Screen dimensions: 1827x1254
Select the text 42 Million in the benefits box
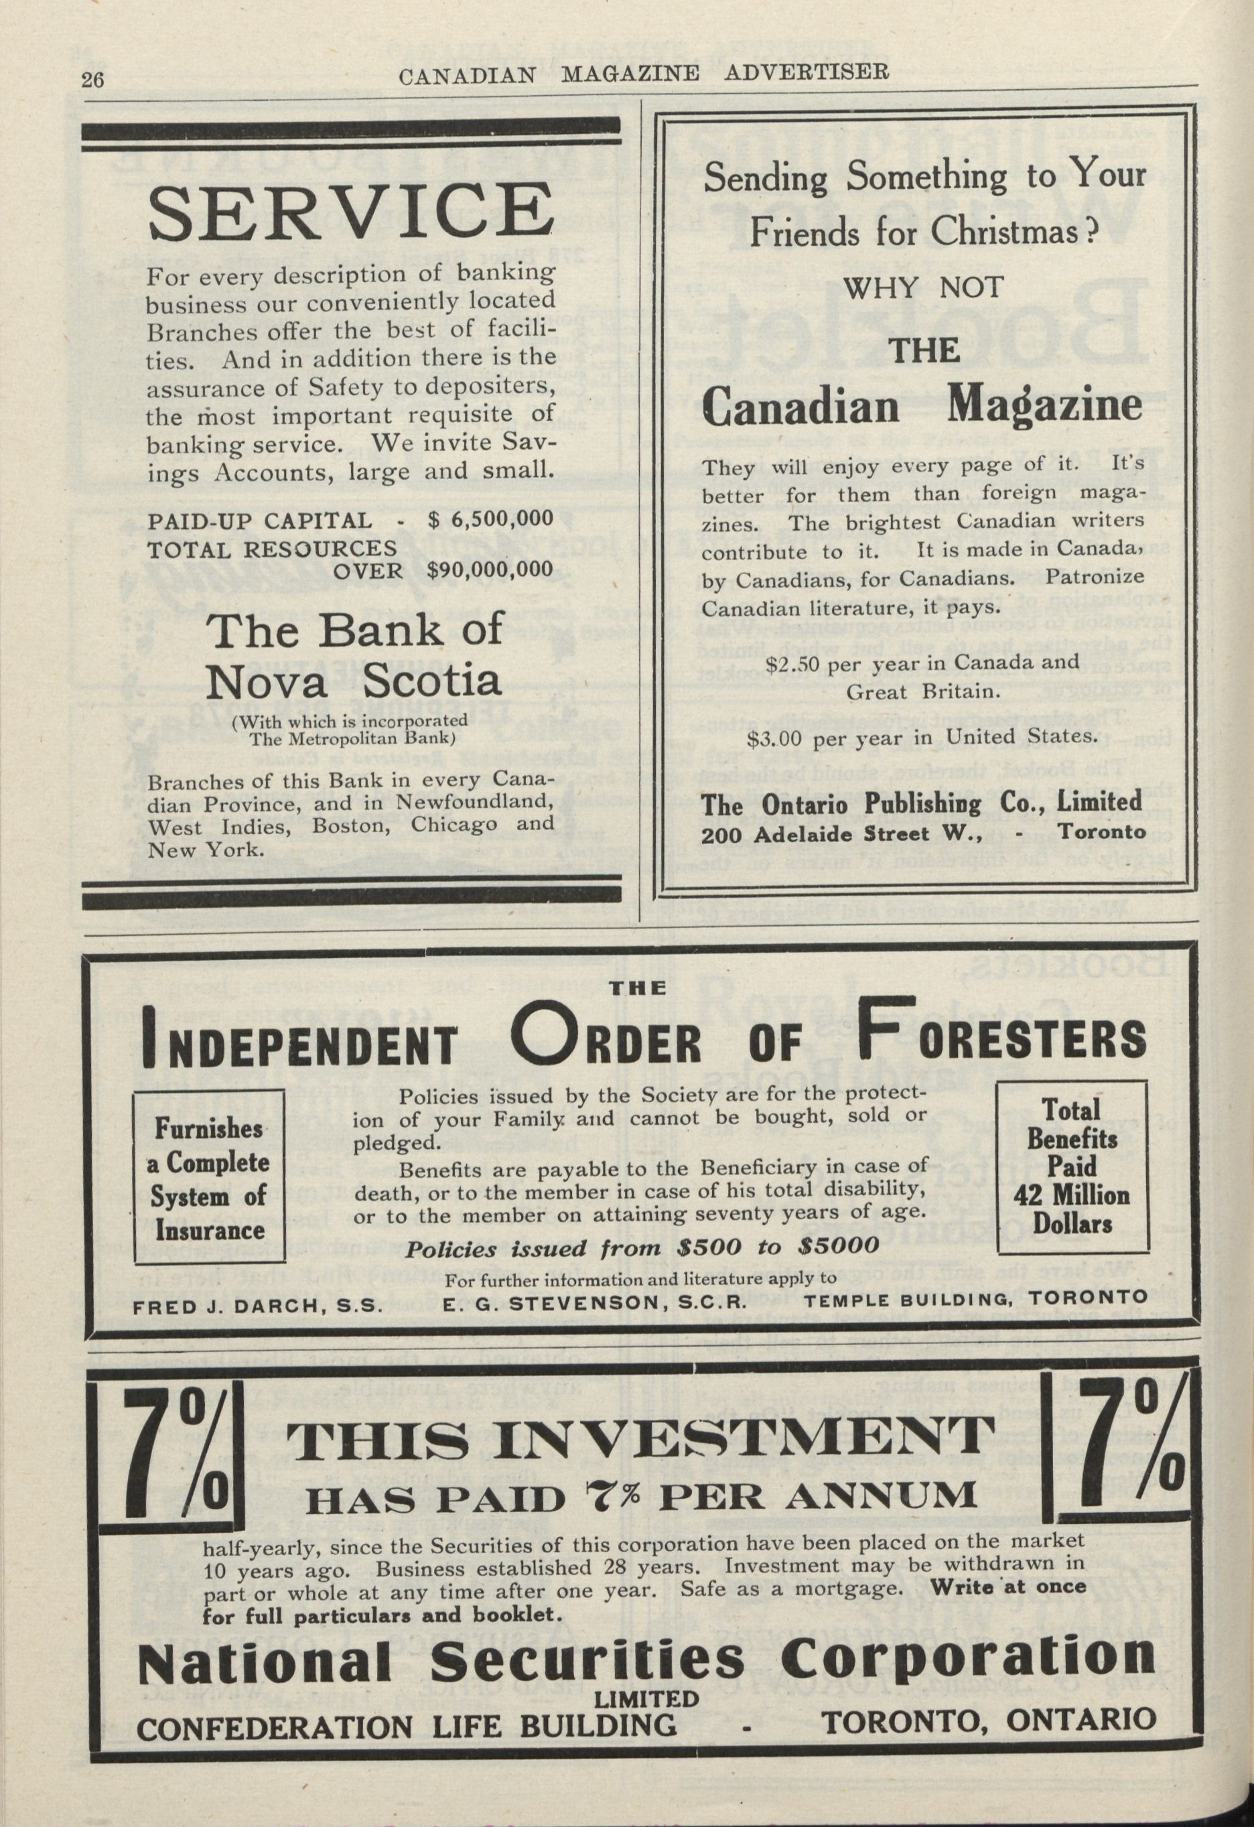tap(1072, 1196)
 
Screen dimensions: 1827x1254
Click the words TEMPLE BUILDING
tap(889, 1298)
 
